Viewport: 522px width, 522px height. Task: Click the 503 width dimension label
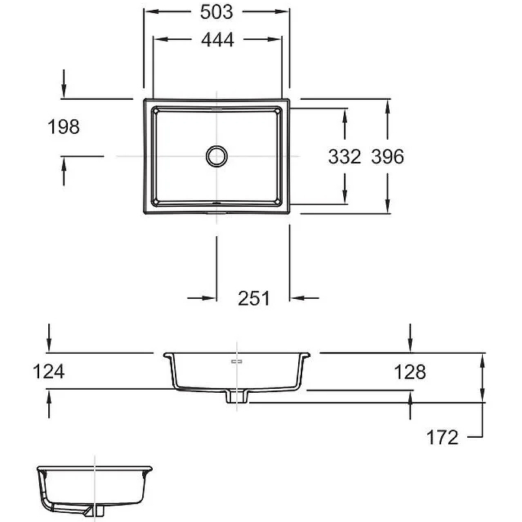[x=217, y=12]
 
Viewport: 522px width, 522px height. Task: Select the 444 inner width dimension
[x=217, y=40]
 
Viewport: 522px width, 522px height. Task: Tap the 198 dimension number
[x=63, y=127]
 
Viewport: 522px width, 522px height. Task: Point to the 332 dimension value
[x=345, y=157]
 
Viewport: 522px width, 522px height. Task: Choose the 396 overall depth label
[x=388, y=157]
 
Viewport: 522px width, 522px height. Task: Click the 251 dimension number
[x=254, y=298]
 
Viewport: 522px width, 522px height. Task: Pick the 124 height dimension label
[x=48, y=371]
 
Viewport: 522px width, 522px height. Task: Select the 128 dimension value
[x=410, y=372]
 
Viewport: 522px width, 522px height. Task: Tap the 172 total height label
[x=442, y=437]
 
